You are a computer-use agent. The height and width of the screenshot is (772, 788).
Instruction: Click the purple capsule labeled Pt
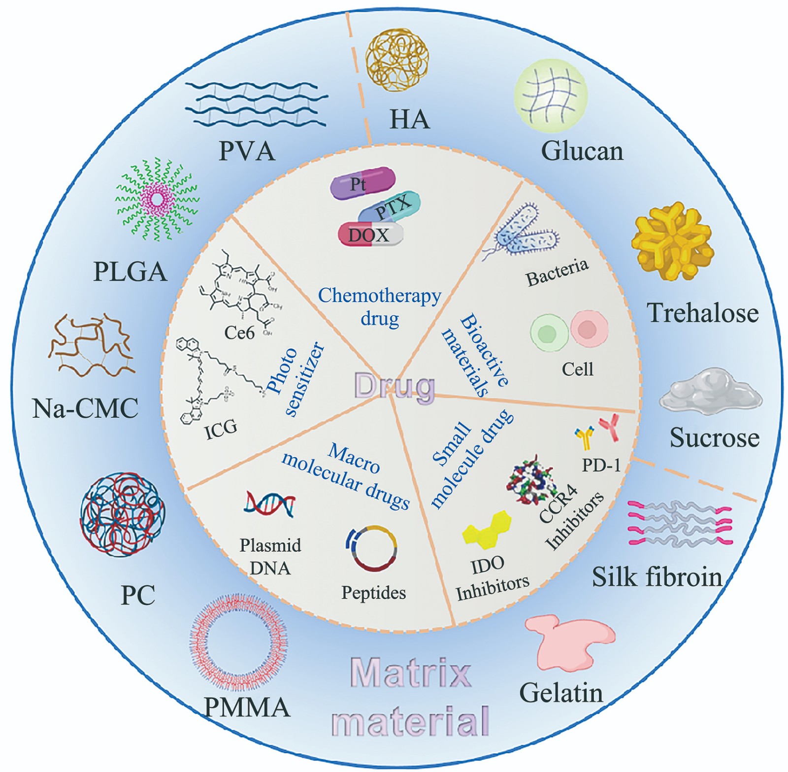tap(362, 183)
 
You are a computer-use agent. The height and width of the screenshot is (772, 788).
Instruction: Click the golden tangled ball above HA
tap(396, 60)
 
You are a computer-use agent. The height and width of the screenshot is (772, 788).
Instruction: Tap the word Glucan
tap(582, 151)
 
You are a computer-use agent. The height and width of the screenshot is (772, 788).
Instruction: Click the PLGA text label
tap(130, 272)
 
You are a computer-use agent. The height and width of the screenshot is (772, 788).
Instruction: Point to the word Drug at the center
tap(394, 386)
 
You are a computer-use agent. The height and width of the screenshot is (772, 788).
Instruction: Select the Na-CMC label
tap(85, 408)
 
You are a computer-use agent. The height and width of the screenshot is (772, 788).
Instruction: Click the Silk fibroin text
tap(657, 577)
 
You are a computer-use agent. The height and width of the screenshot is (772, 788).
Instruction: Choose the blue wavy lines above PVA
tap(256, 104)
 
